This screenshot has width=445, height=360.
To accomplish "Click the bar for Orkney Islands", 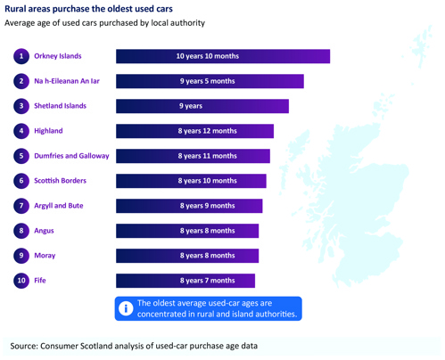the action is (223, 56).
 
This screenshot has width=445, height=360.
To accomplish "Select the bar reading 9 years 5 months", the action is (210, 81).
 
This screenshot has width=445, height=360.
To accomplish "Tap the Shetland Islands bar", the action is (202, 106).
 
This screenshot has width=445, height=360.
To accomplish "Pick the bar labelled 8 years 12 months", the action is (194, 131).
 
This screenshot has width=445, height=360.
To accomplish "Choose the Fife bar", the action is (185, 281).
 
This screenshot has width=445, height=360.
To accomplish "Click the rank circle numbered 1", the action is (21, 56).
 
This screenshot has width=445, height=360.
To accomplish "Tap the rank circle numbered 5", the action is (21, 156).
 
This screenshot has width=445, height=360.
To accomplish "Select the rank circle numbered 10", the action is (21, 281).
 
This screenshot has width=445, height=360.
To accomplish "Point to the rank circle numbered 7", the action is (21, 206).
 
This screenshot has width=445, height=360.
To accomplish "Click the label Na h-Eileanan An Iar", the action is (67, 81).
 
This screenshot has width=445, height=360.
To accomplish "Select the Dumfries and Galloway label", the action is (71, 156).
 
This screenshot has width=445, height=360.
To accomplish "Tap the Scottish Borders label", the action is (60, 181).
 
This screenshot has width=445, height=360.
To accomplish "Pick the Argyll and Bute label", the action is (59, 206).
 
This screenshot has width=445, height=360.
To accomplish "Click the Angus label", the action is (44, 231).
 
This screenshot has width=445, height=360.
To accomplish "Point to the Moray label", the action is (45, 256).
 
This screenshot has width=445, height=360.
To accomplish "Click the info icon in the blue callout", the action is (126, 308).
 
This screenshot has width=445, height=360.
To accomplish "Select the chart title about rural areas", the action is (88, 9).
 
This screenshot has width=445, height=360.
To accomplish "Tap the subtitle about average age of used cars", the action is (104, 23).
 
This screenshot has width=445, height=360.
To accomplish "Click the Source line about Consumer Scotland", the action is (134, 346).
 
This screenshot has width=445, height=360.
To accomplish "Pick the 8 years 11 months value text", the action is (208, 156).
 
